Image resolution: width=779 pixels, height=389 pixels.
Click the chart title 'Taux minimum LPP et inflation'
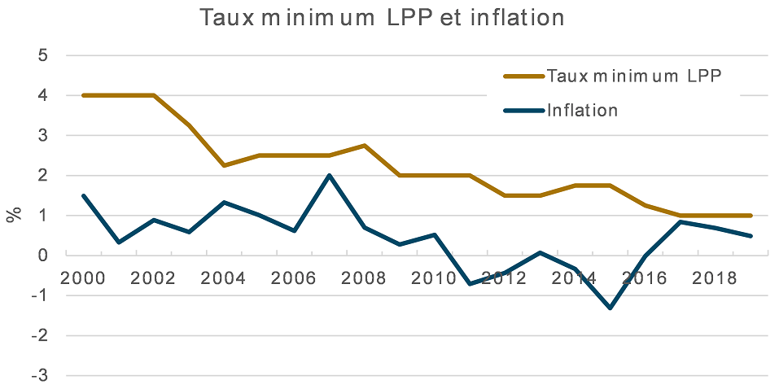[382, 18]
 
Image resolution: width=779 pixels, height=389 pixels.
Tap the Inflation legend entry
[582, 110]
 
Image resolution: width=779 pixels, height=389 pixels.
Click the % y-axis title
[14, 215]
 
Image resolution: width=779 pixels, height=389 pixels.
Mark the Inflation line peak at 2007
[328, 175]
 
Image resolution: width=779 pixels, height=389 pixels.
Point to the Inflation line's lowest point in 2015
[610, 308]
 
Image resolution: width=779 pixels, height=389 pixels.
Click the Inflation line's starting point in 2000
[83, 195]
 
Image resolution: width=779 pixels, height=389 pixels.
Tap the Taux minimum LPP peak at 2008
[363, 146]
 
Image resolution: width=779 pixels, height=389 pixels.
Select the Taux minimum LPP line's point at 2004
[223, 165]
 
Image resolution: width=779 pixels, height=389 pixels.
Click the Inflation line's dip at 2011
[469, 283]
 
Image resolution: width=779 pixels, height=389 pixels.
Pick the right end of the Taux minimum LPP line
[751, 216]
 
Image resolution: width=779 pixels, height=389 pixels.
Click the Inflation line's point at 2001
[118, 243]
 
